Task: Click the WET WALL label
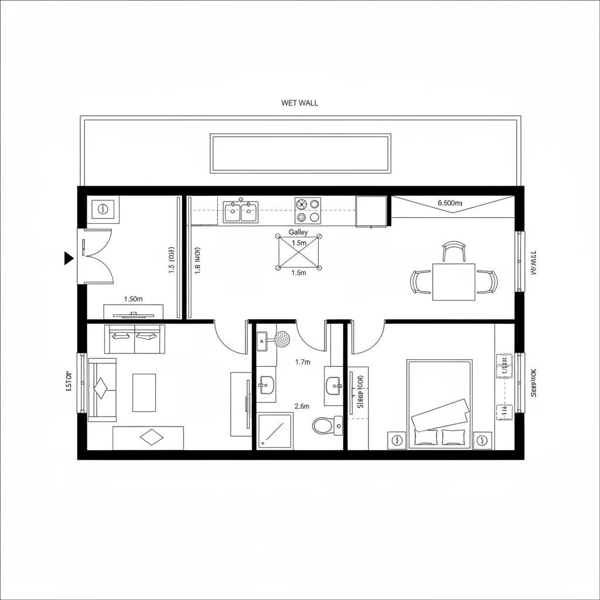click(299, 103)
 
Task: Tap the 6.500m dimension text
click(450, 203)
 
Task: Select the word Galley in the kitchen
click(298, 233)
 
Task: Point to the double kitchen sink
click(241, 212)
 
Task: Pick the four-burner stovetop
click(308, 210)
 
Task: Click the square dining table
click(454, 282)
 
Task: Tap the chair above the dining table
click(454, 251)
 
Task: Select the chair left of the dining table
click(421, 281)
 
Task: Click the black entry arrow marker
click(68, 257)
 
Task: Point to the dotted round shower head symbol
click(282, 338)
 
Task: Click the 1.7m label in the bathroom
click(302, 362)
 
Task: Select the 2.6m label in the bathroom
click(302, 406)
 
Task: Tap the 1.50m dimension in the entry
click(134, 299)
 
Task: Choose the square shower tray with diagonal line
click(275, 431)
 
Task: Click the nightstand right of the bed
click(482, 440)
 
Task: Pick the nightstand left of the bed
click(397, 440)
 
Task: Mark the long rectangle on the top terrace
click(301, 154)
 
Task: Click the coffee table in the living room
click(144, 393)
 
